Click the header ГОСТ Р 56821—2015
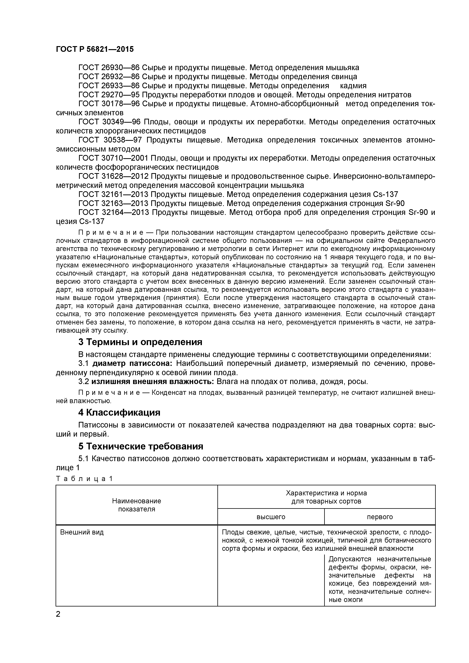coord(95,49)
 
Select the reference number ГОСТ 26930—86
coord(109,68)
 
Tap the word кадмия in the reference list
coord(353,86)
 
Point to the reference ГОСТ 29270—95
coord(109,95)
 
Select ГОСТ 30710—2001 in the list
coord(113,158)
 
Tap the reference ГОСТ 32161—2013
coord(113,194)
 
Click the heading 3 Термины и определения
coord(140,342)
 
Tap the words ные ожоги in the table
coord(345,600)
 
